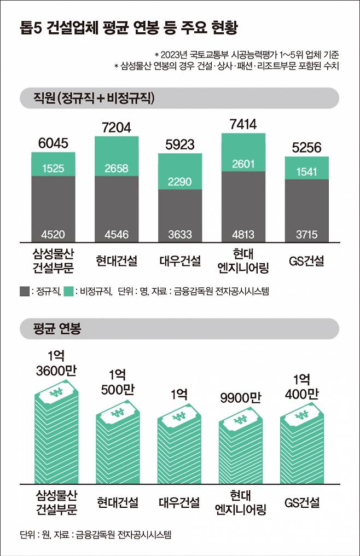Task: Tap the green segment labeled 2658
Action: pos(117,168)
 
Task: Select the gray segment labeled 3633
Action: pos(180,235)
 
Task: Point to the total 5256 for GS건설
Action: pos(306,147)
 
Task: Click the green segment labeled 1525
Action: pos(53,168)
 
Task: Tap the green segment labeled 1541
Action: pos(306,171)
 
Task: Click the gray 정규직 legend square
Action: pos(25,292)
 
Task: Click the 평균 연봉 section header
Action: pos(51,329)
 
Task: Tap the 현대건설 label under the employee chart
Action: pos(117,261)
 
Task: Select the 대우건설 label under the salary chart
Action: pos(180,502)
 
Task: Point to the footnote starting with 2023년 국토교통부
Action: pos(246,55)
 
